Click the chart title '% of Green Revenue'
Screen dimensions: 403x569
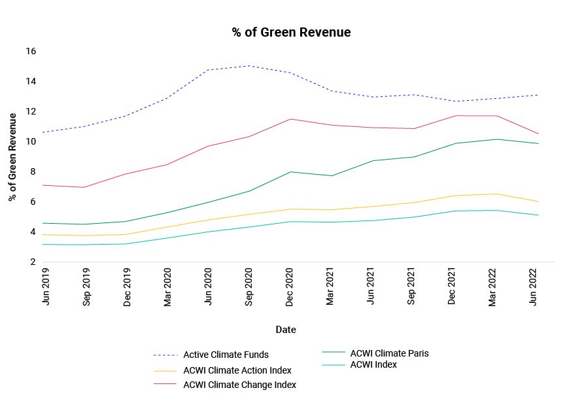click(291, 32)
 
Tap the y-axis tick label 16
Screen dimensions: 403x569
click(31, 52)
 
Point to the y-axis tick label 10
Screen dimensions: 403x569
click(31, 142)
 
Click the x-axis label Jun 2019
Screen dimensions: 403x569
click(45, 289)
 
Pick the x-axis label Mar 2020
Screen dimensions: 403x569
click(167, 289)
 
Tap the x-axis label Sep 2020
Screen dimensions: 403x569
click(249, 289)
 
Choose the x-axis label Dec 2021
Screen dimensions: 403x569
click(453, 289)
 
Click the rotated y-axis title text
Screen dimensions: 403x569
click(12, 157)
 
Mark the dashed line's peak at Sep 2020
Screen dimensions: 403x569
click(249, 65)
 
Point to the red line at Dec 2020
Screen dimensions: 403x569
click(290, 119)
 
